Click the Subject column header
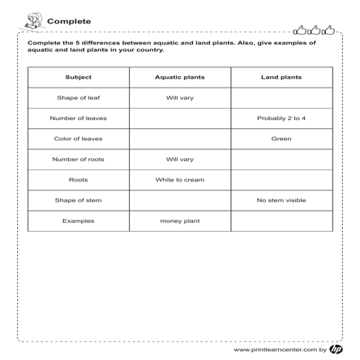[x=79, y=78]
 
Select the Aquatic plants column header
[x=179, y=78]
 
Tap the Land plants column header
[x=281, y=78]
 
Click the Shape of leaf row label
[x=79, y=98]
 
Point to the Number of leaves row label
[x=79, y=118]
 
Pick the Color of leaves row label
[x=79, y=139]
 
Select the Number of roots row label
[x=79, y=159]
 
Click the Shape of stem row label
[x=79, y=200]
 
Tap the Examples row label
[x=79, y=221]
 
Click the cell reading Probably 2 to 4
[x=281, y=118]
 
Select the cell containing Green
[x=281, y=139]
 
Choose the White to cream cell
[x=179, y=179]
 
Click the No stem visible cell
[x=281, y=200]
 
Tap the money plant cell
[x=179, y=221]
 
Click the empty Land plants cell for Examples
[x=281, y=221]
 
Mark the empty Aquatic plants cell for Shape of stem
[x=179, y=200]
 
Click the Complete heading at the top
[x=70, y=21]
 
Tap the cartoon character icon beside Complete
[x=33, y=20]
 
